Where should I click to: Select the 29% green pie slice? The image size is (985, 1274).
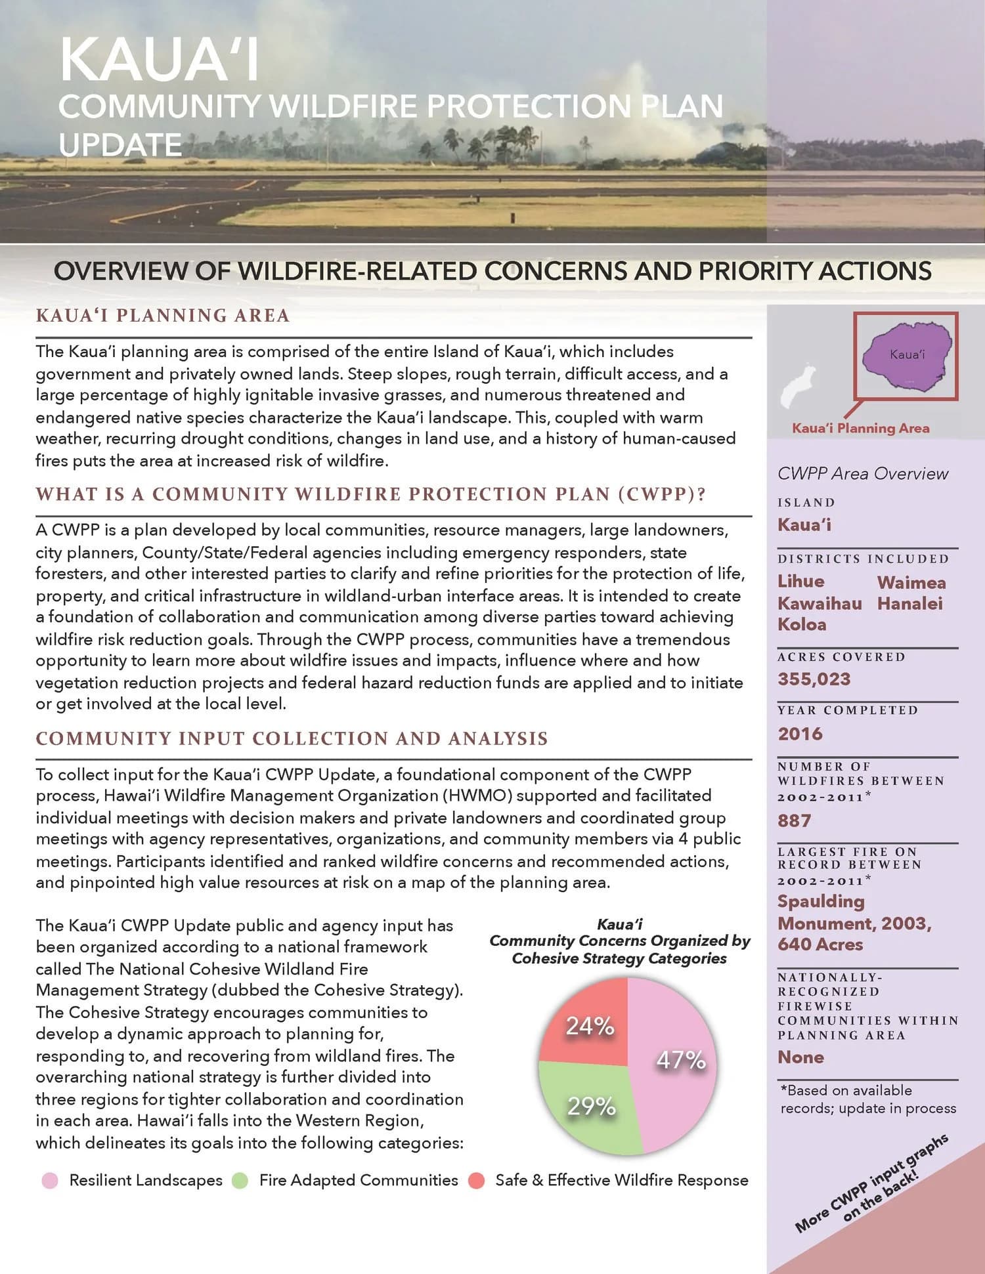point(588,1109)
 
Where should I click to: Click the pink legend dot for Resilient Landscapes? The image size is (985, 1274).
point(50,1180)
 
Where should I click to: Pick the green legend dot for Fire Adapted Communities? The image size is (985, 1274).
point(240,1180)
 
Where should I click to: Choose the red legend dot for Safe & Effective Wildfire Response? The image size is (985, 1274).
point(477,1180)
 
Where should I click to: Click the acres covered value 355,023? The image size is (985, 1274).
point(814,679)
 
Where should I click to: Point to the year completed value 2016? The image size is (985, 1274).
point(800,733)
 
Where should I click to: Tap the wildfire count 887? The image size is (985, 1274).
point(794,820)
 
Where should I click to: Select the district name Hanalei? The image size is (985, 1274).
point(909,603)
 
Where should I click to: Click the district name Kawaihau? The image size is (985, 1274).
point(820,603)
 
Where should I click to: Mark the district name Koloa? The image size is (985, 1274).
point(802,624)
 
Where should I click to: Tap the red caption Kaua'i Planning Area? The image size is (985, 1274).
point(860,428)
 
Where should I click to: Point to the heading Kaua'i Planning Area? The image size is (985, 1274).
point(162,316)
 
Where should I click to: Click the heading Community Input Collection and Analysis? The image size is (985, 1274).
point(292,738)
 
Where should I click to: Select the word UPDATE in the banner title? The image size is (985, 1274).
point(120,144)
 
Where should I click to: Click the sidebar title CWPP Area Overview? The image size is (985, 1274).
point(862,473)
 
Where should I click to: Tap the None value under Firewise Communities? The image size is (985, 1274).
point(800,1057)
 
